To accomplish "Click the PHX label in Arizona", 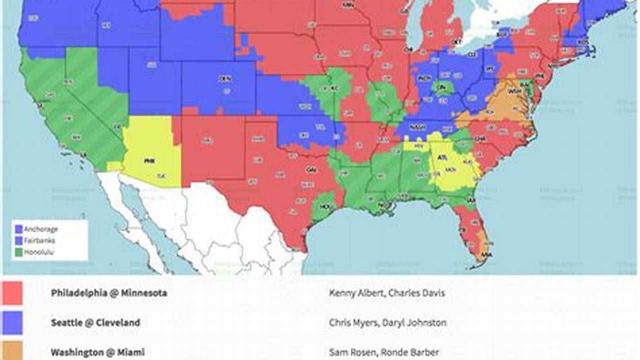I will click(x=149, y=161).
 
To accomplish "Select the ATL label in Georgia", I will click(x=442, y=157).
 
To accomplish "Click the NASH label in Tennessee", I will click(x=418, y=127).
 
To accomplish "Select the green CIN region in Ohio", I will click(x=441, y=87).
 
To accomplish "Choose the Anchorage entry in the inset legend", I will click(x=41, y=229).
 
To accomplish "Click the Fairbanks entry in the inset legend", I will click(x=40, y=240).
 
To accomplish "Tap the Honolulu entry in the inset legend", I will click(x=39, y=252).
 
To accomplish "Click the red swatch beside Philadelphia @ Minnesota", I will click(x=12, y=293).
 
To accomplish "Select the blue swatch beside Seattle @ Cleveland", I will click(x=12, y=322).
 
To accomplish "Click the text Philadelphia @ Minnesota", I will click(x=109, y=293).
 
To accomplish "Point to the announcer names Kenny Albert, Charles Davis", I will click(x=386, y=293).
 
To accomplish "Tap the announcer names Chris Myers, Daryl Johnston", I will click(x=387, y=323).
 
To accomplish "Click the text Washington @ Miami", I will click(x=98, y=352).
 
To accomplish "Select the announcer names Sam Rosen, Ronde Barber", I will click(x=384, y=352).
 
